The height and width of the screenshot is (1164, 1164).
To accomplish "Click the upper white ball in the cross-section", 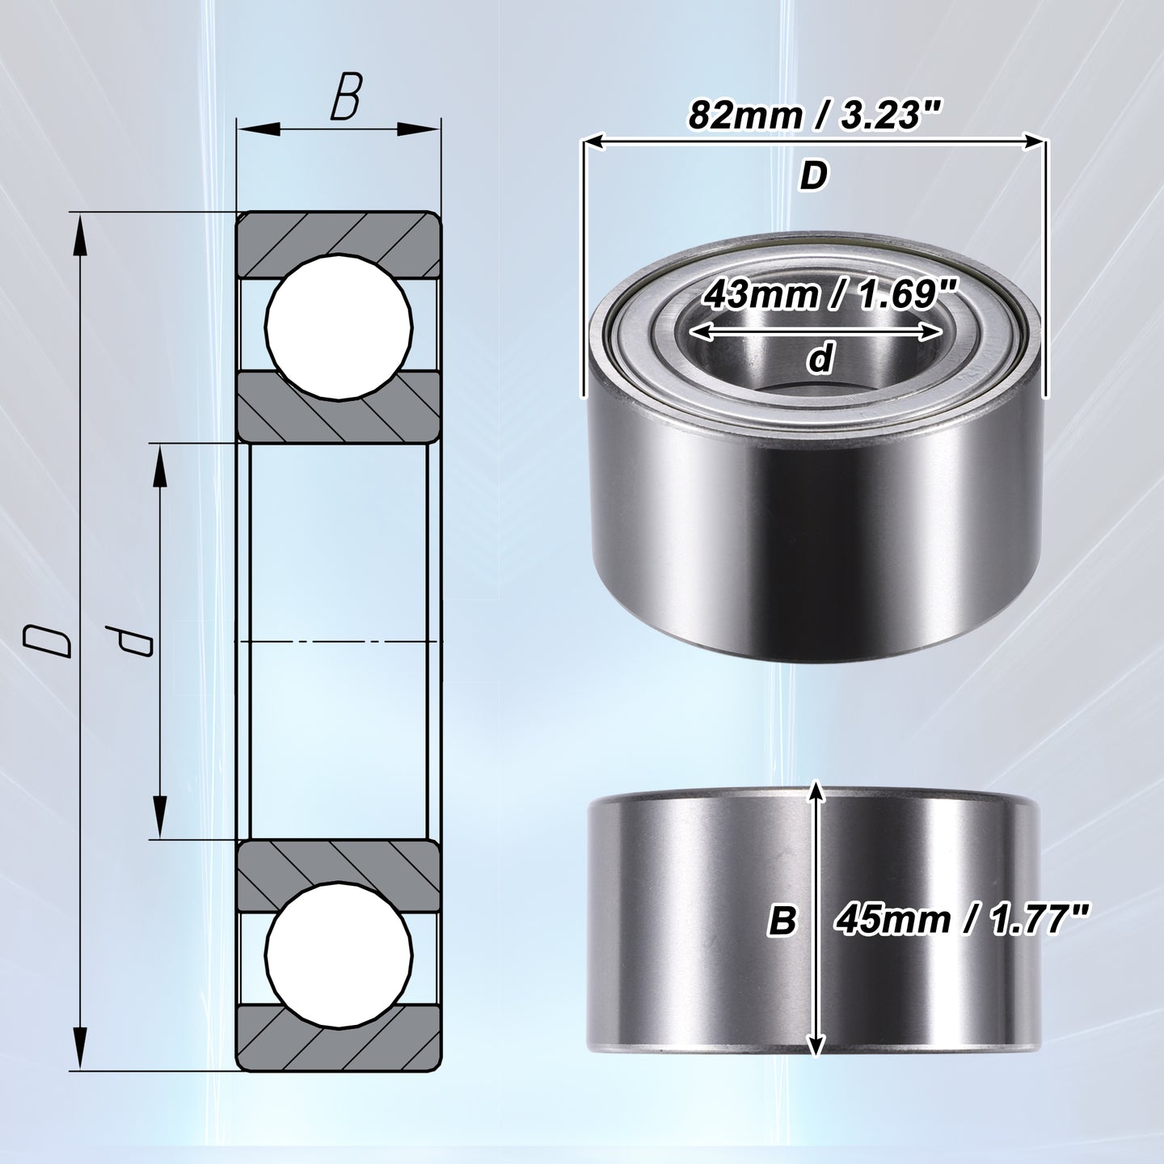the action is coord(339,327).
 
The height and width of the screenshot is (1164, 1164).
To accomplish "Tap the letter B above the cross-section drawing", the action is coord(346,96).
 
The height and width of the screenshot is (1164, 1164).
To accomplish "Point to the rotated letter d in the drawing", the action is coord(129,641).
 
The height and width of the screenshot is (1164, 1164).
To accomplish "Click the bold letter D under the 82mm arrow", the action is coord(813,176).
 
